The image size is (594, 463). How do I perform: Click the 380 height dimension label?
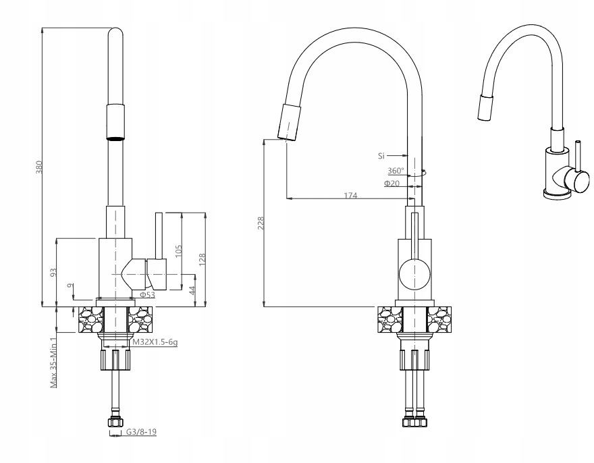coord(39,167)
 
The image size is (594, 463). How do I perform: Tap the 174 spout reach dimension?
coord(350,196)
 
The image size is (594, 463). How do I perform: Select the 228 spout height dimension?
coord(261,223)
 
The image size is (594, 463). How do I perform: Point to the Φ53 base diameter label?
coord(147,295)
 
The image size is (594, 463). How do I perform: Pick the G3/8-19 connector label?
coord(141,431)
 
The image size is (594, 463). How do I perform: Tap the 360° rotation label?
coord(396,171)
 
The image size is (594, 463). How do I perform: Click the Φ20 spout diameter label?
coord(391,184)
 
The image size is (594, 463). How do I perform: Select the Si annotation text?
coord(381,155)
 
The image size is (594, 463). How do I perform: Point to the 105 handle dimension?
coord(179,251)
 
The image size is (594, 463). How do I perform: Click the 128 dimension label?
coord(202,260)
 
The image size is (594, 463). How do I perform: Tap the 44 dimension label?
coord(192,291)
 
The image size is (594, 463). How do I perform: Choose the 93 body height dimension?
coord(53,272)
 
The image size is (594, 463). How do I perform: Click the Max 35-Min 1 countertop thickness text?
coord(54,362)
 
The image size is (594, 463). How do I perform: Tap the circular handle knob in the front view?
coord(415,274)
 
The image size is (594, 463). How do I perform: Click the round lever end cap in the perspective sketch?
coord(580,181)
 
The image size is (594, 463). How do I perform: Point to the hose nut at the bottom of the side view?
coord(115,422)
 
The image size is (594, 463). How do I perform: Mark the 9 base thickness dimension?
coord(70,286)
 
